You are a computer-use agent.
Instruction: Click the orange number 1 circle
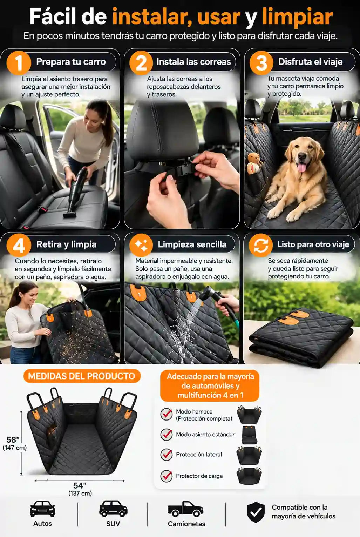pos(19,63)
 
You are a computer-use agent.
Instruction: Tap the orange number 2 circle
pos(141,63)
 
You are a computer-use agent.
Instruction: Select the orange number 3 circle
pos(261,63)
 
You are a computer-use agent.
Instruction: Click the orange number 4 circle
pos(19,245)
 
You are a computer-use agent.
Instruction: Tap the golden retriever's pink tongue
pos(301,167)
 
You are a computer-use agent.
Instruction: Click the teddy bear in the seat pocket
pos(254,162)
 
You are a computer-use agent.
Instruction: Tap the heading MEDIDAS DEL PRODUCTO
pos(82,376)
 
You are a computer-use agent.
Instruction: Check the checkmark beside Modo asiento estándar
pos(167,434)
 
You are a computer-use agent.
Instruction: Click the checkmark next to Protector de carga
pos(167,476)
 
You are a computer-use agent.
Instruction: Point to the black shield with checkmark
pos(256,512)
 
